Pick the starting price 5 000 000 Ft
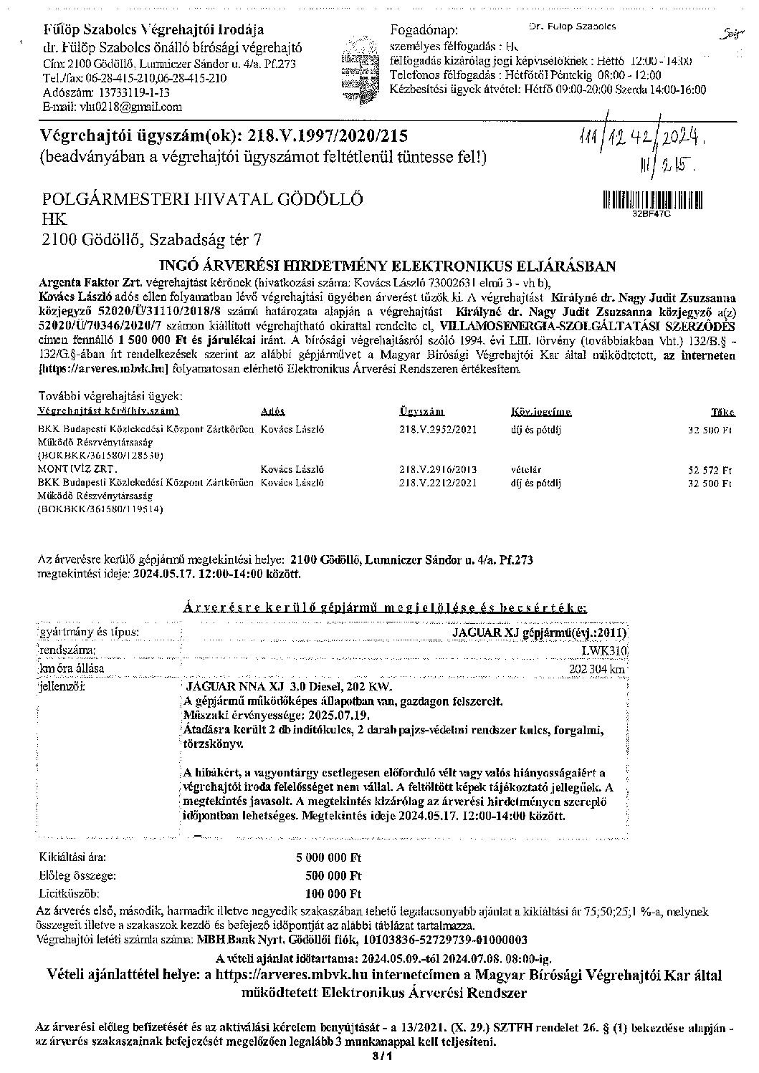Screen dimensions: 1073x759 (328, 857)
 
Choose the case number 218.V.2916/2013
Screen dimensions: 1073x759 (437, 470)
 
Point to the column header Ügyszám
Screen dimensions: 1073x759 (421, 412)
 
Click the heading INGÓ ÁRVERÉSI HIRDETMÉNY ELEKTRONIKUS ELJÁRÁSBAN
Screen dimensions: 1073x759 (386, 266)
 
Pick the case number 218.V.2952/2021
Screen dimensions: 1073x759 (437, 430)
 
